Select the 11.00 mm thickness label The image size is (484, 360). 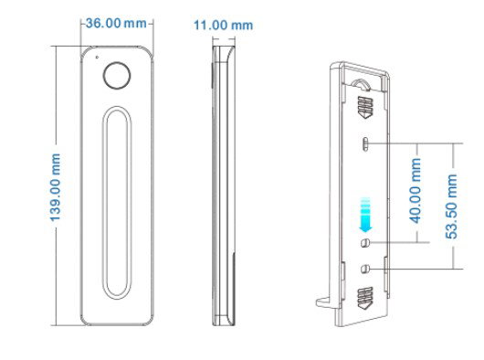coord(223,26)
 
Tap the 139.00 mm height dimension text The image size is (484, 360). coord(56,187)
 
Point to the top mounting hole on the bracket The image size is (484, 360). coord(364,143)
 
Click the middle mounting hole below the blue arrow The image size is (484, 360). coord(365,243)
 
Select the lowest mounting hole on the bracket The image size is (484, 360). coord(365,270)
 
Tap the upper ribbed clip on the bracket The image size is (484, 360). coord(365,109)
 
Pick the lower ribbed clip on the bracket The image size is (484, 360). coord(365,297)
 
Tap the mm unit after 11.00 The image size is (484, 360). coord(242,26)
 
